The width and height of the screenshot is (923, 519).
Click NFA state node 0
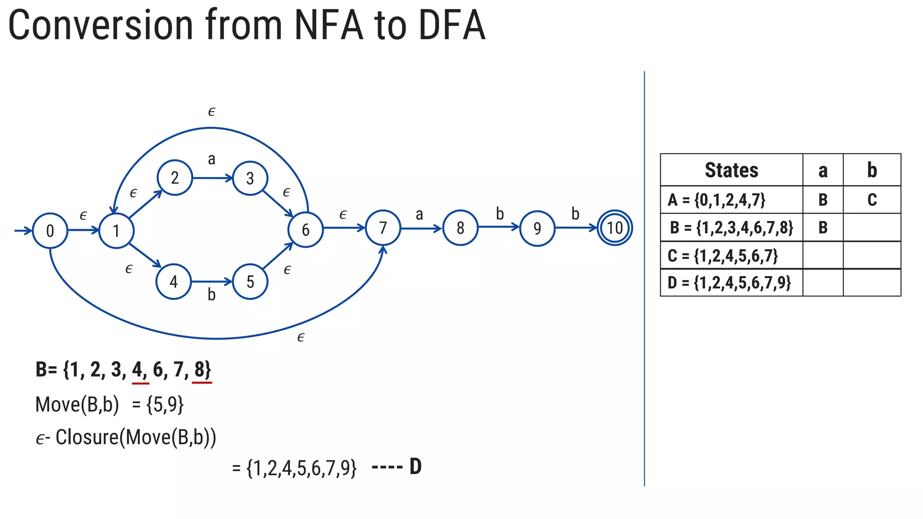coord(50,231)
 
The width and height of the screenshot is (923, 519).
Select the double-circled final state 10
coord(615,228)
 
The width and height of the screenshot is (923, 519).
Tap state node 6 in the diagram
coord(306,230)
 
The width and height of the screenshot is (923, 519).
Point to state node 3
coord(250,178)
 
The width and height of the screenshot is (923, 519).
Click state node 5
coord(250,282)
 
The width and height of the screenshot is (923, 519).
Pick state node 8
coord(460,228)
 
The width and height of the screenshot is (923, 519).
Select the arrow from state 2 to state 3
coord(212,178)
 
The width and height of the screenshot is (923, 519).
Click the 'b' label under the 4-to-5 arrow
coord(211,295)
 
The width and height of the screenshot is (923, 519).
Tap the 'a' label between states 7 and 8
coord(420,214)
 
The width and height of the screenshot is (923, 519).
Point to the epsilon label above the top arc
coord(212,111)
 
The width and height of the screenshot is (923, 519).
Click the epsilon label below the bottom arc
coord(301,337)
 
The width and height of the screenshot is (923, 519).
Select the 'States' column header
coord(731,170)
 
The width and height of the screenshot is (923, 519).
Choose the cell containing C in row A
coord(872,200)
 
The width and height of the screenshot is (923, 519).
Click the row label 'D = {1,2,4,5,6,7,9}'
coord(729,283)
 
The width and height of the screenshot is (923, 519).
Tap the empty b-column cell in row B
coord(872,228)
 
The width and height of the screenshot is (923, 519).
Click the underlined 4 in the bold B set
coord(137,369)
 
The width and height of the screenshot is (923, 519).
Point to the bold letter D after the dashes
coord(416,467)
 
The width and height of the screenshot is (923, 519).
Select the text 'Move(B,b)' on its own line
coord(77,405)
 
